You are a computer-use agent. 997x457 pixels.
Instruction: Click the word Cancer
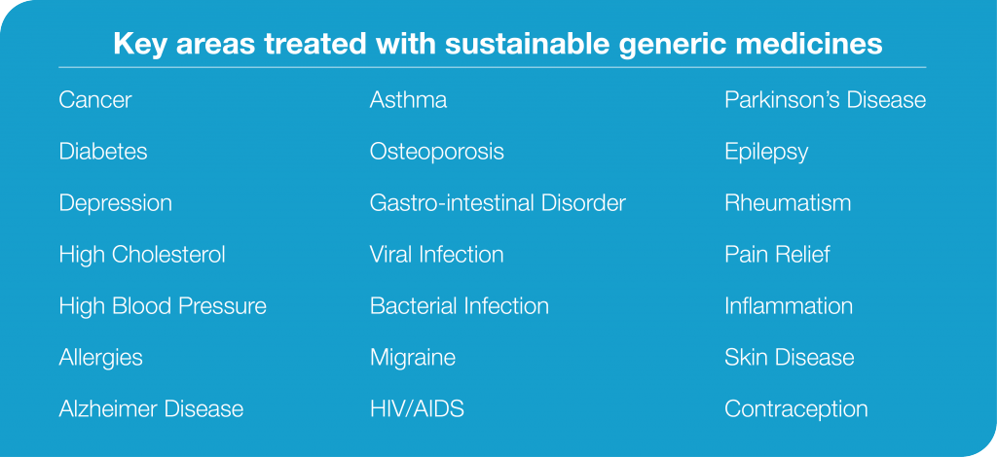pos(95,100)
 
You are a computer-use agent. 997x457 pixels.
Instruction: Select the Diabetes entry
pos(103,152)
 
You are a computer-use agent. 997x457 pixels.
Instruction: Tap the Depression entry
pos(116,204)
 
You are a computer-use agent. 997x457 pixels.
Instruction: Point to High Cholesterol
pos(142,255)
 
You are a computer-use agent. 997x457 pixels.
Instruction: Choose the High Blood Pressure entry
pos(163,306)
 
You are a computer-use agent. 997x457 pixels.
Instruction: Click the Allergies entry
pos(101,359)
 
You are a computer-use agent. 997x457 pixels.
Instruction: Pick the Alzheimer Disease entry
pos(151,408)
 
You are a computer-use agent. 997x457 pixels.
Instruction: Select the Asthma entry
pos(408,100)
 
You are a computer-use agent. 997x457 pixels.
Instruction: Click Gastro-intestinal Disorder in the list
pos(498,203)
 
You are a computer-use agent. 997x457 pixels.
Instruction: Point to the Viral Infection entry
pos(437,255)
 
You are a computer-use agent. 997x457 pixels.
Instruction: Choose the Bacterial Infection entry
pos(460,306)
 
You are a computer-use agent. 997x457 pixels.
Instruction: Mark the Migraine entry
pos(413,359)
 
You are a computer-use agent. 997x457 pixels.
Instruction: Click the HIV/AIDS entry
pos(417,408)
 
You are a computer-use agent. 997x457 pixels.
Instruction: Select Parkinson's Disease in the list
pos(826,100)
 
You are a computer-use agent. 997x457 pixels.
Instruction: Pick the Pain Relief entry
pos(777,255)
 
